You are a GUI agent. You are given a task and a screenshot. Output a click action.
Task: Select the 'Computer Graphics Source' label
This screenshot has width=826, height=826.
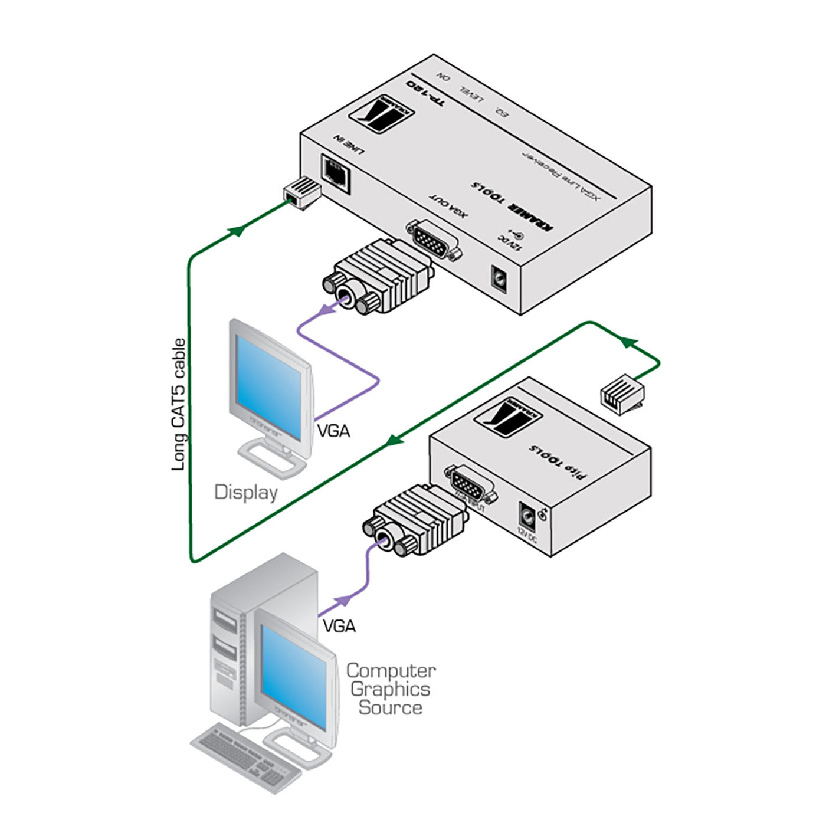390,689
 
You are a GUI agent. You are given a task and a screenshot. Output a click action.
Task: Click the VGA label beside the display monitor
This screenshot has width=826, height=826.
333,431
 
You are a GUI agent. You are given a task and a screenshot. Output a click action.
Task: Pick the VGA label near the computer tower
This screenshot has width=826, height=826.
339,625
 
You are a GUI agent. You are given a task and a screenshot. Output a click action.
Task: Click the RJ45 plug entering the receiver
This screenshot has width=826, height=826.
301,192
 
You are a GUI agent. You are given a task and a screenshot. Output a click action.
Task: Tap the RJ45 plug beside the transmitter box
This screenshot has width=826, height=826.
621,393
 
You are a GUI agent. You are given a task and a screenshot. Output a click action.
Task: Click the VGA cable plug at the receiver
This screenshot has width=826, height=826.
378,276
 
